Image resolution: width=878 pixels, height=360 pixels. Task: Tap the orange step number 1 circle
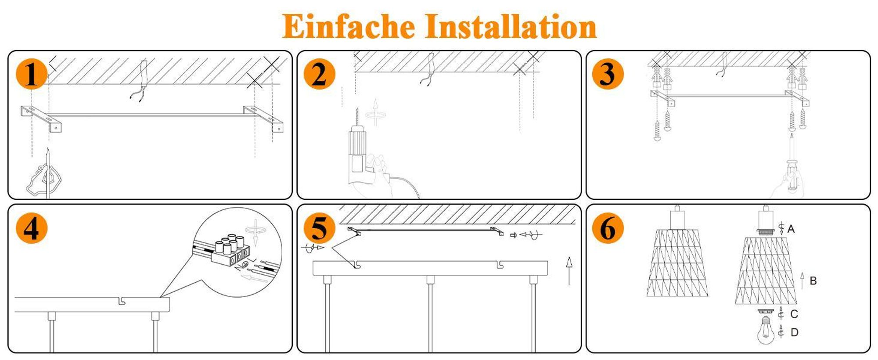[x=32, y=73]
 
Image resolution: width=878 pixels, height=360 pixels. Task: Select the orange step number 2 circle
[x=320, y=73]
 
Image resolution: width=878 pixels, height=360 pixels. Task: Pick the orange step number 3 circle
[x=608, y=73]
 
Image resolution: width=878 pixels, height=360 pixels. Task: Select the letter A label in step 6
[x=791, y=229]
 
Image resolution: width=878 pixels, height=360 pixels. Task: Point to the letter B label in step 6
[x=813, y=281]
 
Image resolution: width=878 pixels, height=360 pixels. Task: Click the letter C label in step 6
[x=794, y=314]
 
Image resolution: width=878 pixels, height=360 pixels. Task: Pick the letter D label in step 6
[x=794, y=332]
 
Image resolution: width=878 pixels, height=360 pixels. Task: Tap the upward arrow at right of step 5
[x=569, y=271]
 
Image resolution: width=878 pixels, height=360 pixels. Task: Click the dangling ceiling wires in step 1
[x=140, y=81]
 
